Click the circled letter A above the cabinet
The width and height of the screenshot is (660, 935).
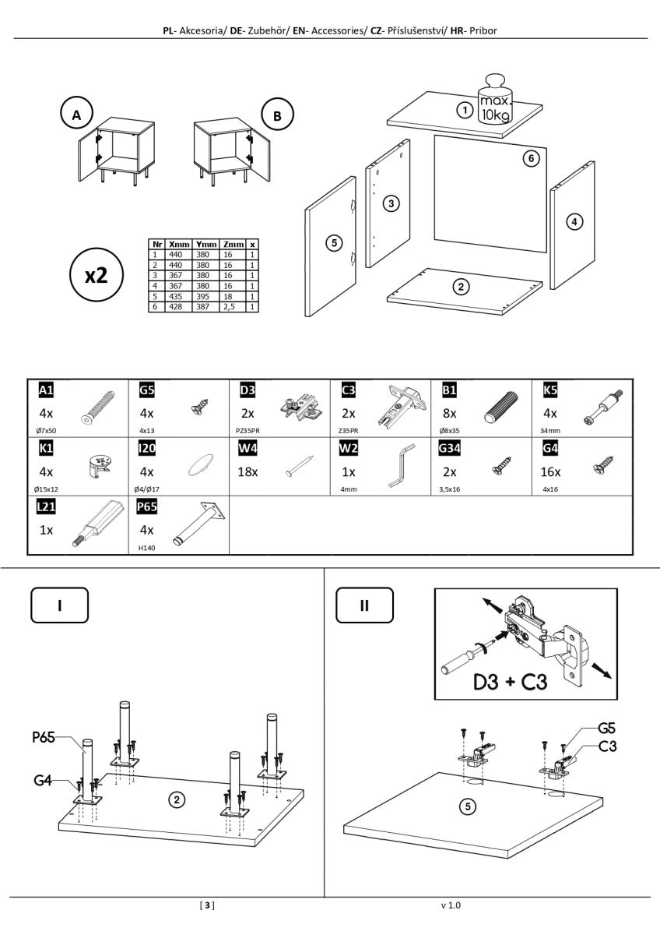click(x=76, y=116)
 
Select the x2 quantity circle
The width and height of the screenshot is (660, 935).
click(x=96, y=276)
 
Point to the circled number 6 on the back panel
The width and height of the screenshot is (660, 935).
click(x=530, y=158)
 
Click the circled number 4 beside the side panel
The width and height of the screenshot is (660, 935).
click(x=574, y=221)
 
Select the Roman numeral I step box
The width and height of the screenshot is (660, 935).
click(x=59, y=605)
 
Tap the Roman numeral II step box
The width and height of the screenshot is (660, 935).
click(x=364, y=605)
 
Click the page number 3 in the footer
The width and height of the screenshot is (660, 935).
click(x=207, y=905)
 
